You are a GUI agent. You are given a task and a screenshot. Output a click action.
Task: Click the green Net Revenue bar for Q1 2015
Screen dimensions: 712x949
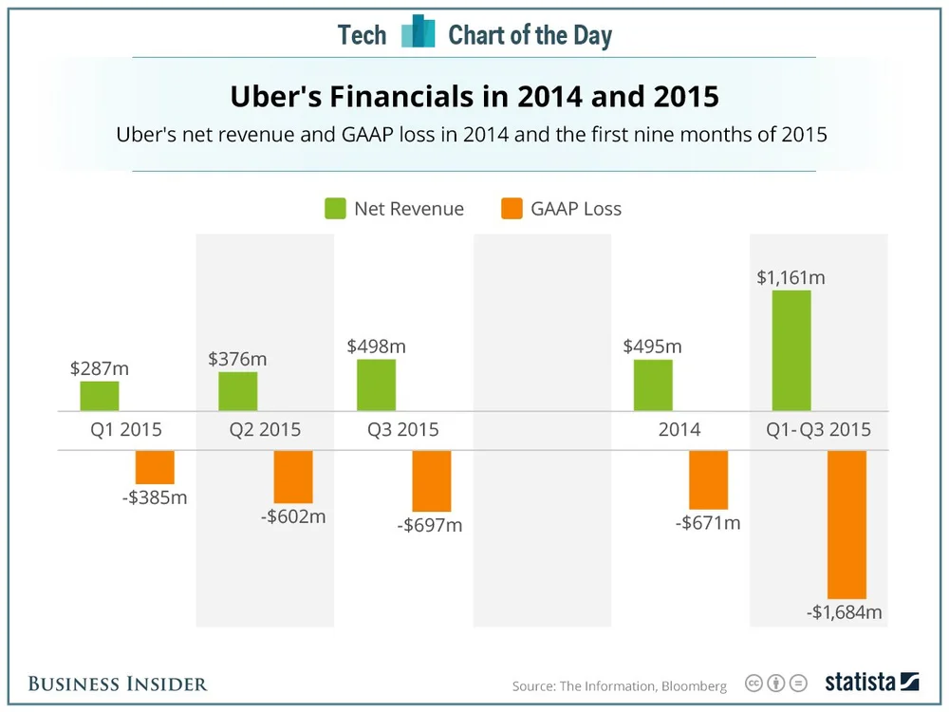pos(100,396)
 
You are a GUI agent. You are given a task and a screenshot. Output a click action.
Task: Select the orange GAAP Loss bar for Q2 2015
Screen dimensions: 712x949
pos(293,477)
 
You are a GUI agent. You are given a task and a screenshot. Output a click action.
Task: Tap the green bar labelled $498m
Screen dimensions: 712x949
pos(376,384)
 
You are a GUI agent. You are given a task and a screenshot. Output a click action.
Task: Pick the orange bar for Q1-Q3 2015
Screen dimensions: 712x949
pos(847,523)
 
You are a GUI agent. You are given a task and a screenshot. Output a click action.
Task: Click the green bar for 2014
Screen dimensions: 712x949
pos(653,384)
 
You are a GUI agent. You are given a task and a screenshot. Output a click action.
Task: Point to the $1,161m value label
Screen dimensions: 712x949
pos(791,278)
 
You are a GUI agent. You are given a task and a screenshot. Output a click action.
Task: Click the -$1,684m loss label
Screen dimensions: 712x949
pos(845,612)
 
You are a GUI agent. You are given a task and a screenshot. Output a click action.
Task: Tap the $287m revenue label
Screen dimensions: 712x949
pos(100,368)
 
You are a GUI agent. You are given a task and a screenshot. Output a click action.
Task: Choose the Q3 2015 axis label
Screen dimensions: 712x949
pos(403,430)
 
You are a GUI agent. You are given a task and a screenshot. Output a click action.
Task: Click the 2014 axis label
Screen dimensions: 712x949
pos(679,430)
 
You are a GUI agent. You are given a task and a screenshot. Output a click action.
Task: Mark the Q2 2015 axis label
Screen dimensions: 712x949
pos(265,430)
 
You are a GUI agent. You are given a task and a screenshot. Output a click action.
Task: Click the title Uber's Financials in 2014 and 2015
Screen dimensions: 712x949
pos(474,98)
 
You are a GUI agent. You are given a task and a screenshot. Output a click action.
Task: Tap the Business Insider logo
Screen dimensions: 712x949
pos(118,684)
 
